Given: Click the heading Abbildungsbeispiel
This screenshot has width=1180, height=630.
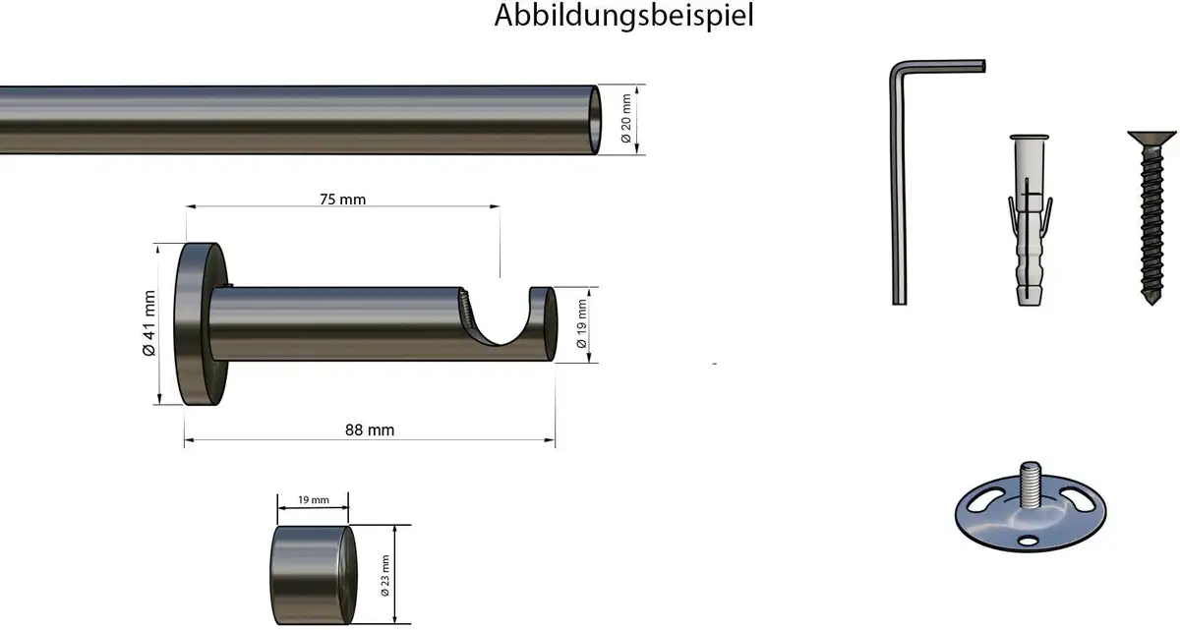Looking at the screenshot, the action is coord(623,16).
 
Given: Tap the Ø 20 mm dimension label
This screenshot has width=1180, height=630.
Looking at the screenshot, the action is coord(625,119).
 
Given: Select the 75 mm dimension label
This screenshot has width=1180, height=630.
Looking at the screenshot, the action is coord(342,200).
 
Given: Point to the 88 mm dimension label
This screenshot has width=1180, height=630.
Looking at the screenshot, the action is coord(370,430).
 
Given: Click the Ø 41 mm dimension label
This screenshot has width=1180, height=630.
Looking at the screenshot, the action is coord(149,323).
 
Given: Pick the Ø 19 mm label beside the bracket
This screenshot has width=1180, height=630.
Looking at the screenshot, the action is coord(581,323).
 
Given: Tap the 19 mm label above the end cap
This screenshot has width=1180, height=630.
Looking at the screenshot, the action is coord(314,500).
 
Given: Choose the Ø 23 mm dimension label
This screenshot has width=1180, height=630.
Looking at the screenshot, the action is coord(385,575).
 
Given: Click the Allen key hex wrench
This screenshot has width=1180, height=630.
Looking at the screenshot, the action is coord(899,179).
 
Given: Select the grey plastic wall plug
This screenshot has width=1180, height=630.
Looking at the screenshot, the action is coord(1029,220).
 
